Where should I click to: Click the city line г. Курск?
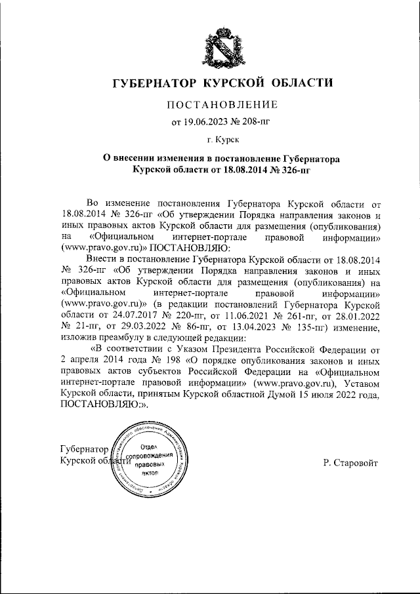[223, 140]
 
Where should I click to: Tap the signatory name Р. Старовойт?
[350, 464]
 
